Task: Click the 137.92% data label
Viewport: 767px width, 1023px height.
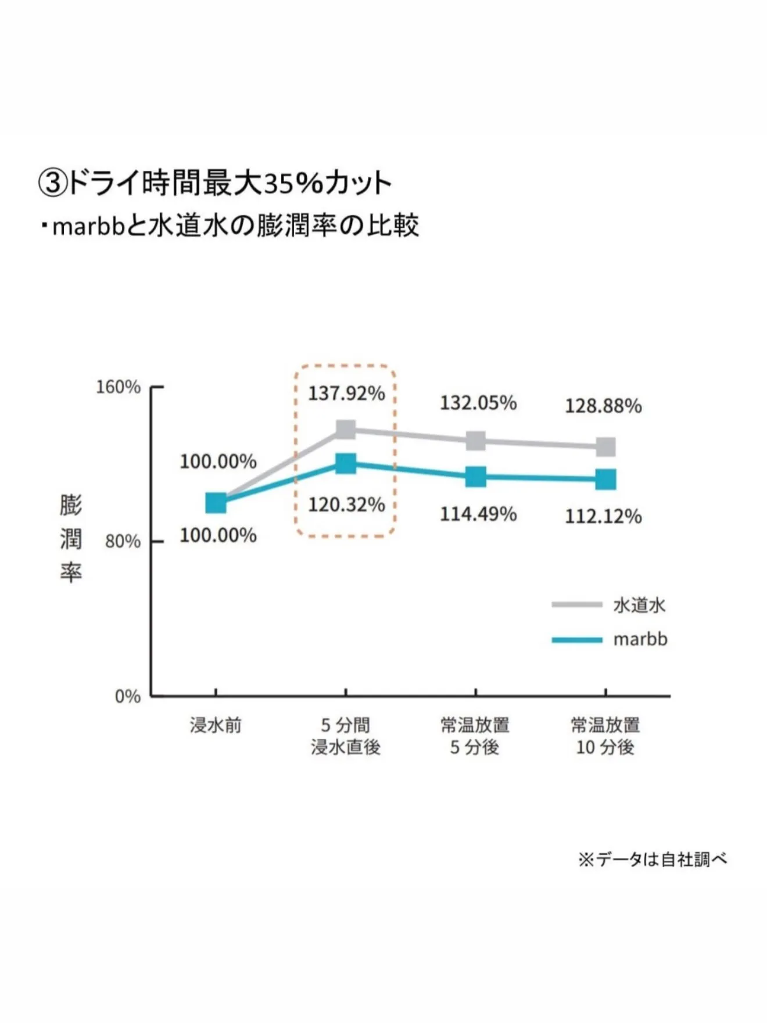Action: click(346, 394)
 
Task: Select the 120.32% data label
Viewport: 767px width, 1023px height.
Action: click(346, 505)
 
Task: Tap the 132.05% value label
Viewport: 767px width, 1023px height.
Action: click(478, 403)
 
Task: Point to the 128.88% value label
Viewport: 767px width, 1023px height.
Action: click(603, 406)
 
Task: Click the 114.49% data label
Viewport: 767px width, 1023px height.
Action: click(478, 514)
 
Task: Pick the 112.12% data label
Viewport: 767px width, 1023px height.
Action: click(603, 516)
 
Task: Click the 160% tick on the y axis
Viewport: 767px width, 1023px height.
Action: click(119, 387)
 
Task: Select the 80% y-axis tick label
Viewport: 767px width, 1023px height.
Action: click(123, 542)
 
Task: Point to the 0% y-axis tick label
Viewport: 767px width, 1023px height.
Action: click(128, 696)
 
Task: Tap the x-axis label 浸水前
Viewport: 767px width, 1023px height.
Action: click(216, 725)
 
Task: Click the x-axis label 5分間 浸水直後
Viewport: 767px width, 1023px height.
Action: click(346, 736)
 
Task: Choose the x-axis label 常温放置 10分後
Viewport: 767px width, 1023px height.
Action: click(605, 736)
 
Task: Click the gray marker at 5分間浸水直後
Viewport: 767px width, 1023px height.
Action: click(346, 430)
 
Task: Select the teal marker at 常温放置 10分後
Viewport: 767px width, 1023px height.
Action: click(605, 480)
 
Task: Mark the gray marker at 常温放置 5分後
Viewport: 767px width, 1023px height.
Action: click(476, 441)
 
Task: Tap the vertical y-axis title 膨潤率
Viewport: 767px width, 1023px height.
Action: click(71, 538)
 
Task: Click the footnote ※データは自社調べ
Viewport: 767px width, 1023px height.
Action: click(652, 859)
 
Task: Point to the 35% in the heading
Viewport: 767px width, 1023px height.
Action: click(293, 184)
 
